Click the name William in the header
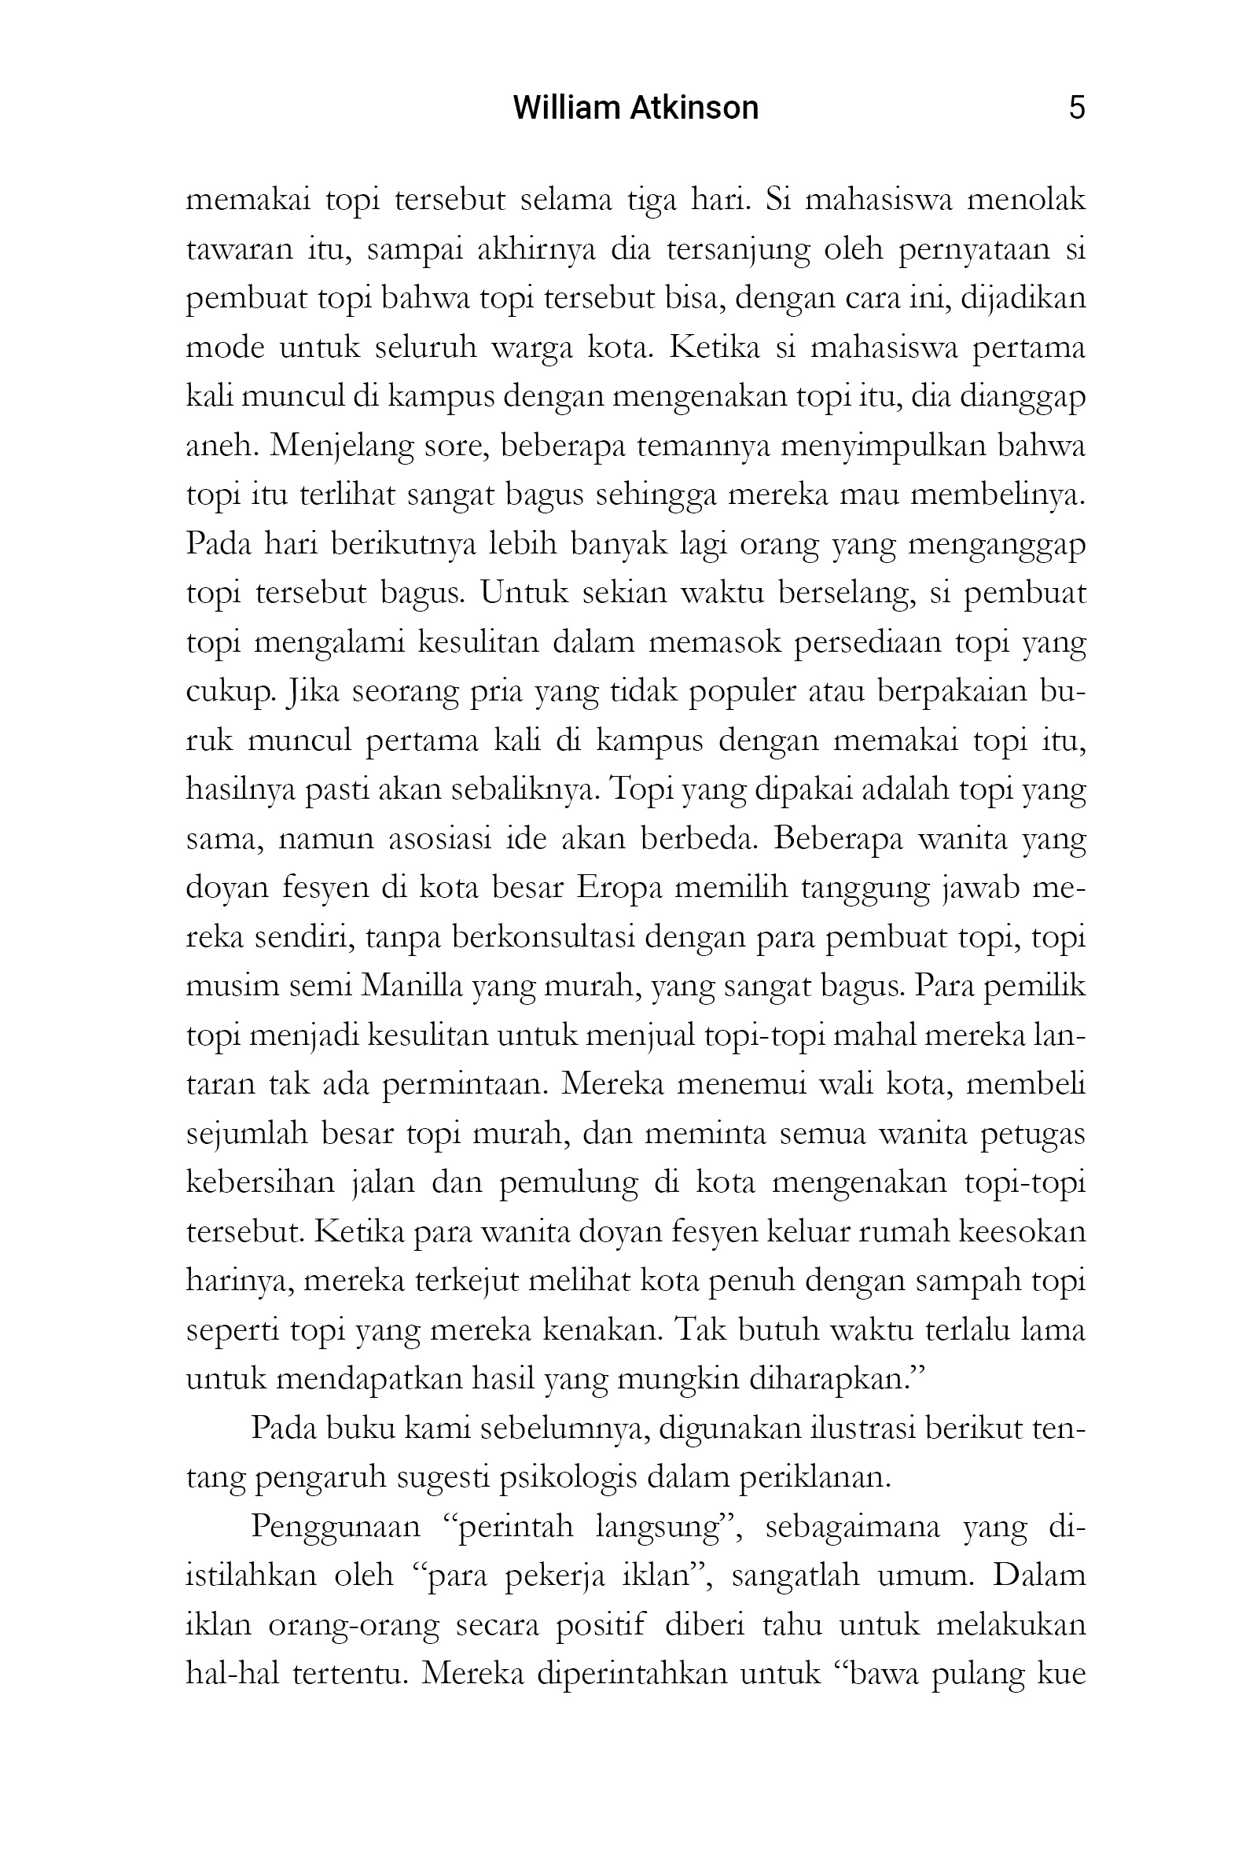pos(557,108)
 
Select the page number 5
pos(1076,108)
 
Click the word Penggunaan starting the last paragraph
pos(335,1526)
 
